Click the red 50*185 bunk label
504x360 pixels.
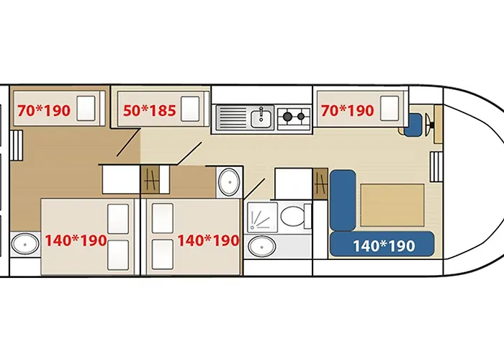click(150, 111)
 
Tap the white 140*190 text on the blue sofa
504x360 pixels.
click(384, 246)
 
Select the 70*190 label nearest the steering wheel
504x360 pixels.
click(348, 111)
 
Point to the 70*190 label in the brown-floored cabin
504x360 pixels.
click(44, 111)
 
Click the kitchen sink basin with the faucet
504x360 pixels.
click(261, 117)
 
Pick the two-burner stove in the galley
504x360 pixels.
click(294, 117)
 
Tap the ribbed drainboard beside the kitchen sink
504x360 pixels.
click(233, 118)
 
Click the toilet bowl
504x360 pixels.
click(292, 216)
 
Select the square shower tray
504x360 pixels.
click(262, 217)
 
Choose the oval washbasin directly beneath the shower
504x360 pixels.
click(262, 246)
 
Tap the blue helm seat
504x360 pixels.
click(413, 125)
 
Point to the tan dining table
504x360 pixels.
click(392, 205)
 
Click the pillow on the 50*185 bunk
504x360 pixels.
click(190, 109)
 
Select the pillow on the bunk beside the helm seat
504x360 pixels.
click(390, 109)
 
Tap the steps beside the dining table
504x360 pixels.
click(436, 167)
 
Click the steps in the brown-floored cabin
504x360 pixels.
click(17, 145)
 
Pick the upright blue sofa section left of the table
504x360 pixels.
click(343, 200)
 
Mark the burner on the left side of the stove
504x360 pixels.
click(287, 116)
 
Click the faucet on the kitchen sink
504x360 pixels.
click(261, 113)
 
